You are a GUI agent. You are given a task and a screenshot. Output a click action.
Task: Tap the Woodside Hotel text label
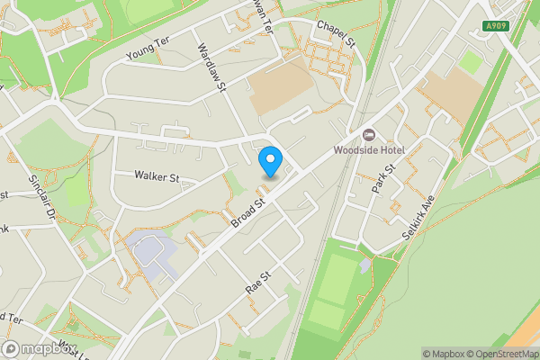pos(369,149)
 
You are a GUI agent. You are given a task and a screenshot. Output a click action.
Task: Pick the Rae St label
pos(258,283)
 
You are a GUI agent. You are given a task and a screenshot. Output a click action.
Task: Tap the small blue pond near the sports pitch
pos(364,265)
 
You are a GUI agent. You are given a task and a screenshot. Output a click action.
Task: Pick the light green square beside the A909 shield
pos(471,62)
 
